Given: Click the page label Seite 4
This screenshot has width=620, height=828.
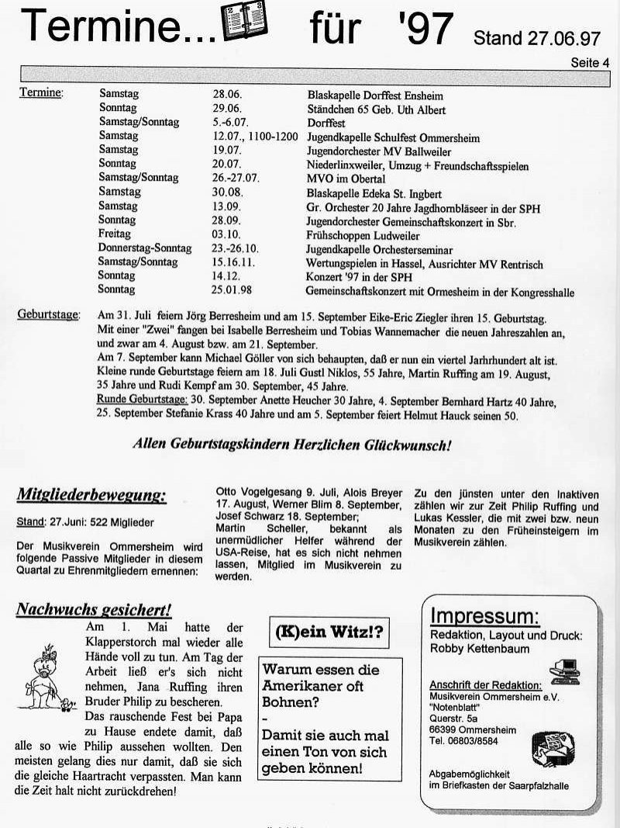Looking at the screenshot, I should pos(590,63).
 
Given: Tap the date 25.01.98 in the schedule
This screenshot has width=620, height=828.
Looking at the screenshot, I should pos(234,290).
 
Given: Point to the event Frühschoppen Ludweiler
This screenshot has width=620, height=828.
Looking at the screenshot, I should pos(363,235).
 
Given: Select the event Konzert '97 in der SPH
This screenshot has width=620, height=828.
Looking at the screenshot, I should pos(360,277).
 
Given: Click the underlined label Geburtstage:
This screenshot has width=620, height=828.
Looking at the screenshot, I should pos(47,314).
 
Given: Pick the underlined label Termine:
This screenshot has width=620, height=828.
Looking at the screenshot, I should pos(41,93).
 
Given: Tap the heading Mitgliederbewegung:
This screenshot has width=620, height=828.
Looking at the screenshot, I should pos(91,494).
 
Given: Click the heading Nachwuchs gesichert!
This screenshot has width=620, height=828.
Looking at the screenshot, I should pos(93,609).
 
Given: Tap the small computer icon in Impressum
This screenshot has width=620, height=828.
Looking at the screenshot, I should pos(564,669).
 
